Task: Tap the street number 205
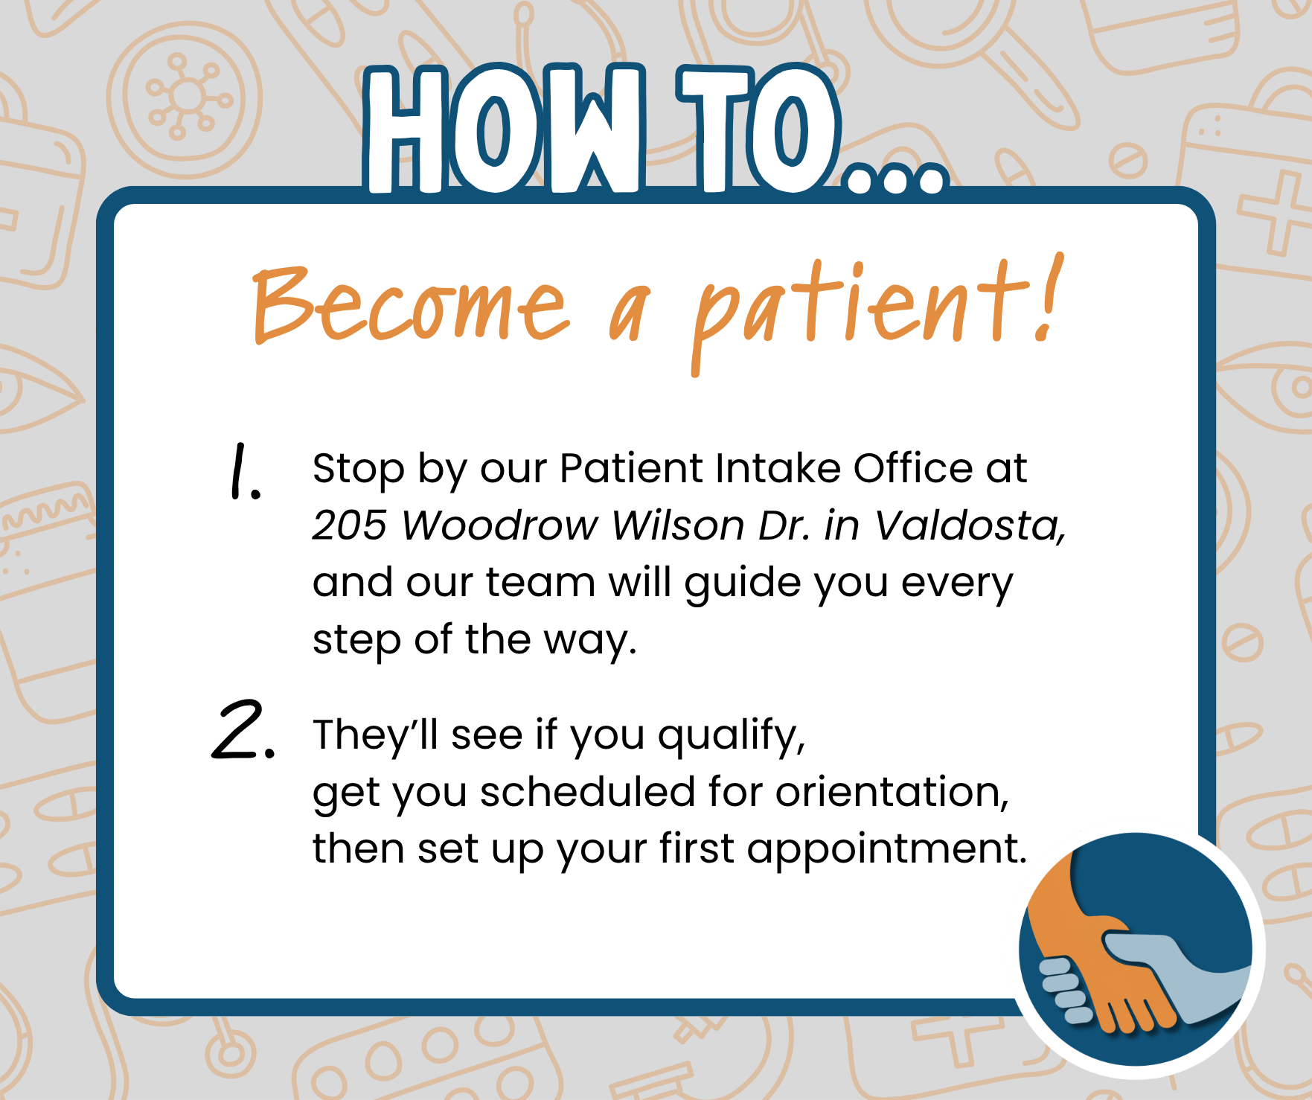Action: (x=350, y=525)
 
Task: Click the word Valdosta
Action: (x=967, y=525)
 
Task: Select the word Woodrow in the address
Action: (x=499, y=525)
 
